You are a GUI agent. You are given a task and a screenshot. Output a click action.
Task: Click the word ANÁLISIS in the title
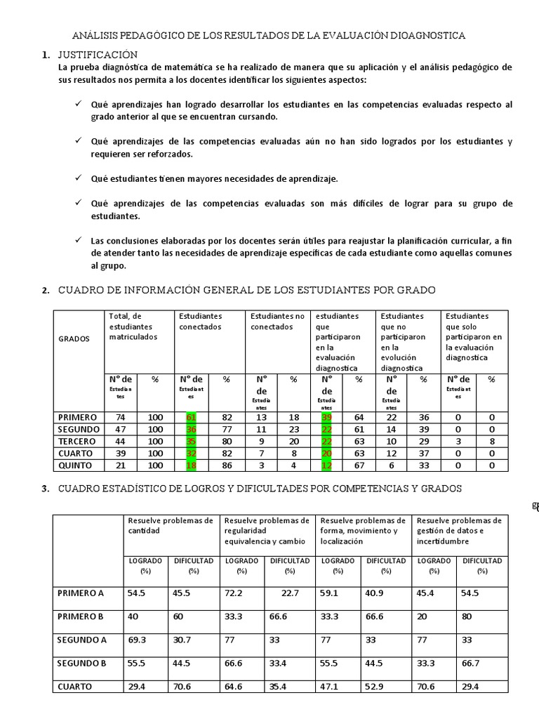point(96,36)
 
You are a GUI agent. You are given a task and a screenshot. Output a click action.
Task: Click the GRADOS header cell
point(74,338)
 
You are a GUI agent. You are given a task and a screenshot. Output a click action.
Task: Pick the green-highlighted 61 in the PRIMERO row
point(191,417)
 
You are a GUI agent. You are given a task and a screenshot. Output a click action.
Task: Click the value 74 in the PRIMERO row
point(120,417)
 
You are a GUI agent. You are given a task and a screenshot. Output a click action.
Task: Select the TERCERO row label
point(79,441)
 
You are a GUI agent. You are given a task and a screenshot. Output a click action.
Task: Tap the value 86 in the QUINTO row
point(227,465)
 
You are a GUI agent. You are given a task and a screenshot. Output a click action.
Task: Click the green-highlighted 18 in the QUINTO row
point(191,465)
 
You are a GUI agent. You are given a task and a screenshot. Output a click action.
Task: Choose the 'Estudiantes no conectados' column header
point(277,321)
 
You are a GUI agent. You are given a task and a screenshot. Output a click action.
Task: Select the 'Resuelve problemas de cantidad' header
point(170,525)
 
